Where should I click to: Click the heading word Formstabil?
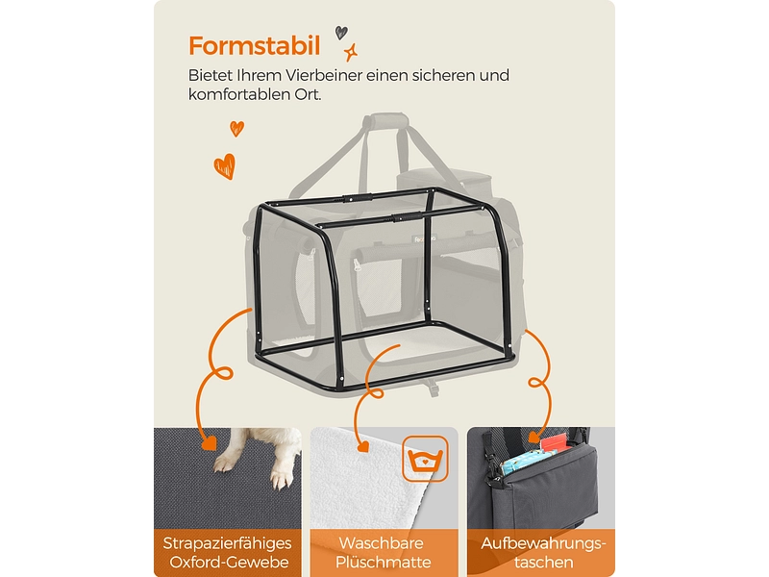255,45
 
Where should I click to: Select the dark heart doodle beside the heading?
341,32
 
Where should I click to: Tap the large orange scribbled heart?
224,165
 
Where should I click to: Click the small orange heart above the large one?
236,128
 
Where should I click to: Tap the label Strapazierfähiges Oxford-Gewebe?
228,552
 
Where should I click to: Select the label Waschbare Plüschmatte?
384,552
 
